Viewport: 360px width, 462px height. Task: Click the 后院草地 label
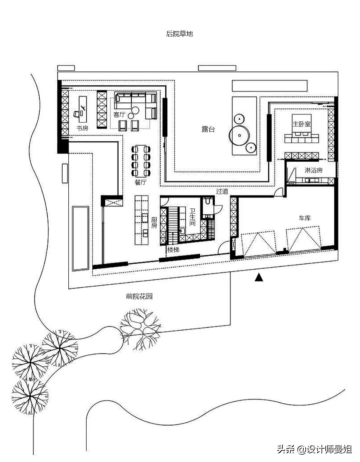click(179, 34)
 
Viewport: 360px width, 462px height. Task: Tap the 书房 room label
click(82, 128)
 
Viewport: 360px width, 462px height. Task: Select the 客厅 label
click(119, 115)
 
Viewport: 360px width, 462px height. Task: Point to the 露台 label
click(208, 129)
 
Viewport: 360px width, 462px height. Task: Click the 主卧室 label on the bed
click(302, 124)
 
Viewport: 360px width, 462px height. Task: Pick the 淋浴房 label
click(313, 170)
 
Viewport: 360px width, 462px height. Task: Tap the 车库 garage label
click(305, 218)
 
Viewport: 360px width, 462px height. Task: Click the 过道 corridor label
click(222, 191)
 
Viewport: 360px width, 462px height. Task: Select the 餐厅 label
click(141, 182)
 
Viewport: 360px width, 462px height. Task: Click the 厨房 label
click(154, 222)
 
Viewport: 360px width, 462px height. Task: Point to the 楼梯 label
click(173, 250)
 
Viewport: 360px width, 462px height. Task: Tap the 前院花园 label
click(139, 296)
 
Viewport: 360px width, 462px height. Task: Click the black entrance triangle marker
click(259, 278)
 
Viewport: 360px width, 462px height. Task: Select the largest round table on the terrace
click(239, 135)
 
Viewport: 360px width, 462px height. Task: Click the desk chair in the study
click(77, 114)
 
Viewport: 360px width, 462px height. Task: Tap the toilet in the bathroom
click(207, 201)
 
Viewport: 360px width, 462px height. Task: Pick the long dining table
click(141, 161)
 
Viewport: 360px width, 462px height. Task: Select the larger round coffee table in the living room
click(135, 110)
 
